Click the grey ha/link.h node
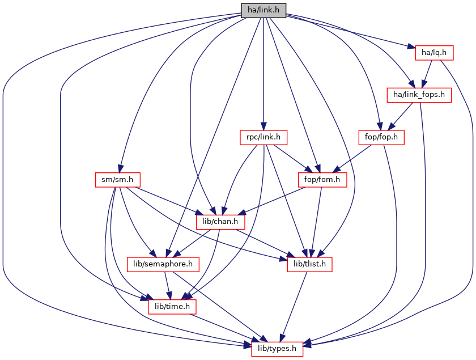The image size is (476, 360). tap(263, 10)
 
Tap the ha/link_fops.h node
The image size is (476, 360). tap(418, 95)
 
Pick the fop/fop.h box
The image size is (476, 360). tap(381, 137)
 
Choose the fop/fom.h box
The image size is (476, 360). tap(322, 180)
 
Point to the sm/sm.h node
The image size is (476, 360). tap(117, 180)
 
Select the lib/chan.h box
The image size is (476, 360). tap(216, 222)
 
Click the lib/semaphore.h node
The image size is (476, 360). tap(163, 264)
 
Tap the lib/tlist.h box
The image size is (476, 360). tap(307, 264)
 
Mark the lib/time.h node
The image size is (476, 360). tap(172, 306)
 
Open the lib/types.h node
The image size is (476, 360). tap(277, 348)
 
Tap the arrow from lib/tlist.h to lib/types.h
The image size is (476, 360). tap(292, 306)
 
